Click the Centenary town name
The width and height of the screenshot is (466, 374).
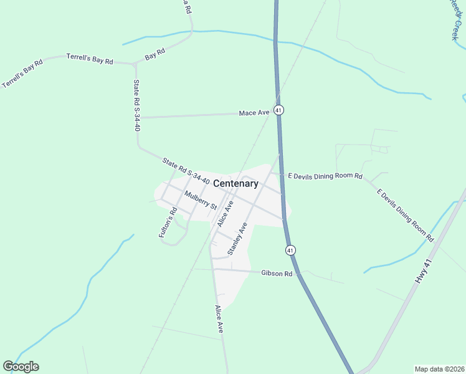pyautogui.click(x=235, y=183)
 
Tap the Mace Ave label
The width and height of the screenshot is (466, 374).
pyautogui.click(x=254, y=113)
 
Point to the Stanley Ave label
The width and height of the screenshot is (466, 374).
pyautogui.click(x=237, y=239)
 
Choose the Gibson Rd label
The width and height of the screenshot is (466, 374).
pyautogui.click(x=277, y=273)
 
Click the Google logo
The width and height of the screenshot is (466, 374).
pyautogui.click(x=21, y=367)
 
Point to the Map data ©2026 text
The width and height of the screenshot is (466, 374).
pyautogui.click(x=439, y=369)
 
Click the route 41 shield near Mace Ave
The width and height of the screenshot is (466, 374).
pyautogui.click(x=278, y=110)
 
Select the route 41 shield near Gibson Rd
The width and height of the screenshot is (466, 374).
pyautogui.click(x=290, y=250)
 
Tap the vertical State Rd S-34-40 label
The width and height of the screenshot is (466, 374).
pyautogui.click(x=136, y=105)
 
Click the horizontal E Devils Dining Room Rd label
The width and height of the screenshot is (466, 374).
pyautogui.click(x=325, y=176)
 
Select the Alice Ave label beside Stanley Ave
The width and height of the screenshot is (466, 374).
pyautogui.click(x=224, y=213)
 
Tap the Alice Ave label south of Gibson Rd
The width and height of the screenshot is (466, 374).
pyautogui.click(x=219, y=320)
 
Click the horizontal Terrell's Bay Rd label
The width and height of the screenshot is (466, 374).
pyautogui.click(x=90, y=59)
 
